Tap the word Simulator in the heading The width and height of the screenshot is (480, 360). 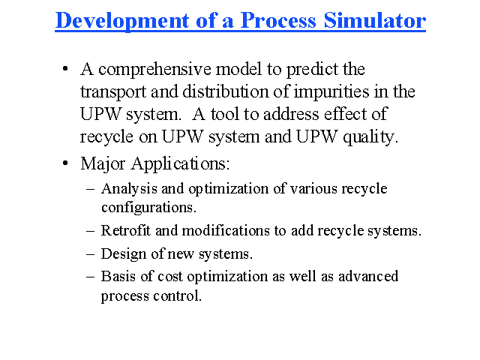[x=375, y=21]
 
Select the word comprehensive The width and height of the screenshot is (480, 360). [x=154, y=70]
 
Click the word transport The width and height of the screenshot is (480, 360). [x=113, y=92]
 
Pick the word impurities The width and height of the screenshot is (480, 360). [x=331, y=92]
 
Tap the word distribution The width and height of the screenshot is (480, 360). [x=225, y=91]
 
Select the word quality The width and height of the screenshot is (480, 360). [x=370, y=137]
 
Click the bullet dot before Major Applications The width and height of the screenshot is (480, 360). [x=65, y=163]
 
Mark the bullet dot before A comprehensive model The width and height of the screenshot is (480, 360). [x=65, y=69]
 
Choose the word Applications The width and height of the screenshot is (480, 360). [x=180, y=164]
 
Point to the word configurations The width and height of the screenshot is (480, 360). [x=148, y=208]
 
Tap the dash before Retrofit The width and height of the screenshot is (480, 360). [x=90, y=231]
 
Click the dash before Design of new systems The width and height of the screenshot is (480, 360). [x=90, y=254]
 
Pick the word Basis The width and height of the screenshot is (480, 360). [x=118, y=277]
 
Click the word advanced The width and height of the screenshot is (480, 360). [x=368, y=277]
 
